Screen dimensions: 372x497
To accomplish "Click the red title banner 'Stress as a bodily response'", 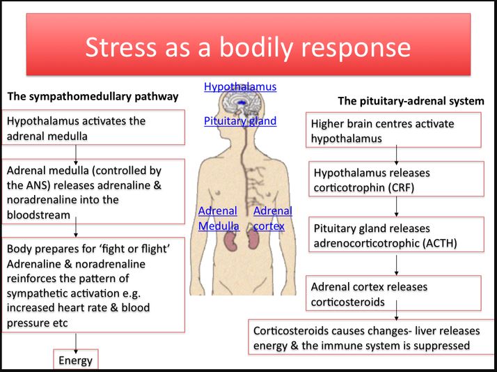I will (x=248, y=47).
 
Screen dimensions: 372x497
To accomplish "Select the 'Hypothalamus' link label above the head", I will (x=240, y=87).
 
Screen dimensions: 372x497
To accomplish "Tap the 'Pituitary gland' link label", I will (x=240, y=121).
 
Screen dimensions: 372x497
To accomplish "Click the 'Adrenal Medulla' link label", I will (x=218, y=218).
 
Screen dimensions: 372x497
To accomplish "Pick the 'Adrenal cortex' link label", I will (x=272, y=218).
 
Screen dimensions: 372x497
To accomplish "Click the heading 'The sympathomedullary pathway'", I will (x=93, y=96).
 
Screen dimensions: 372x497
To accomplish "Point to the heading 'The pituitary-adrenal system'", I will (x=411, y=101).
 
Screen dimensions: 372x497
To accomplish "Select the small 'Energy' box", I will (x=74, y=359).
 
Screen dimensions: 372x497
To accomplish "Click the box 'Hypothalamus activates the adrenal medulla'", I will (x=94, y=128).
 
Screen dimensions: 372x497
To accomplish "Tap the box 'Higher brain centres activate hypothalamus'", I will (x=393, y=131).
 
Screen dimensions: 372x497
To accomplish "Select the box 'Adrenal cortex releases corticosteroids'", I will (x=393, y=293).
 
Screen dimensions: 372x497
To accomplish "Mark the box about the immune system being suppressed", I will (x=370, y=338).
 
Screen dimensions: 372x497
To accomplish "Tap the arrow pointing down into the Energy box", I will (x=74, y=341).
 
